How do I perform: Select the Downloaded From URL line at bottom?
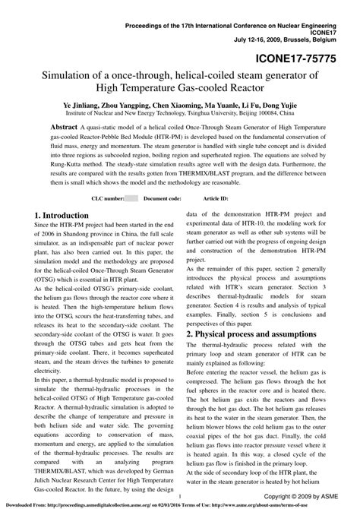(x=180, y=504)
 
